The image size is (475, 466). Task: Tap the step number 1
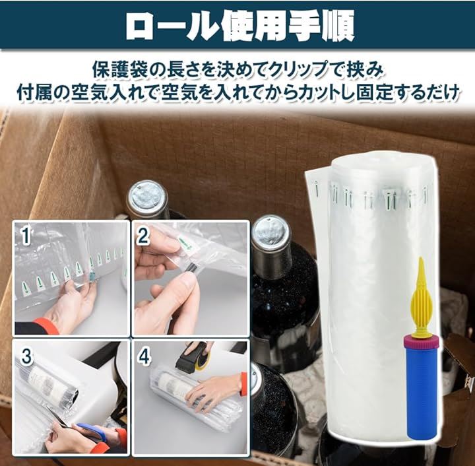coord(26,237)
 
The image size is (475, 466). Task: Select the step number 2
coord(143,236)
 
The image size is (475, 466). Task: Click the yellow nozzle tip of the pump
coord(421,265)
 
